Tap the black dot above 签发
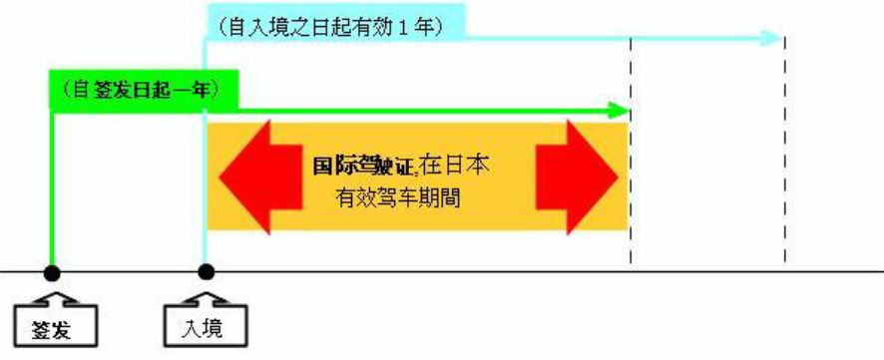[51, 271]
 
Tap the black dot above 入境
[207, 271]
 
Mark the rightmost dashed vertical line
[785, 150]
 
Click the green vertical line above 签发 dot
[51, 189]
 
